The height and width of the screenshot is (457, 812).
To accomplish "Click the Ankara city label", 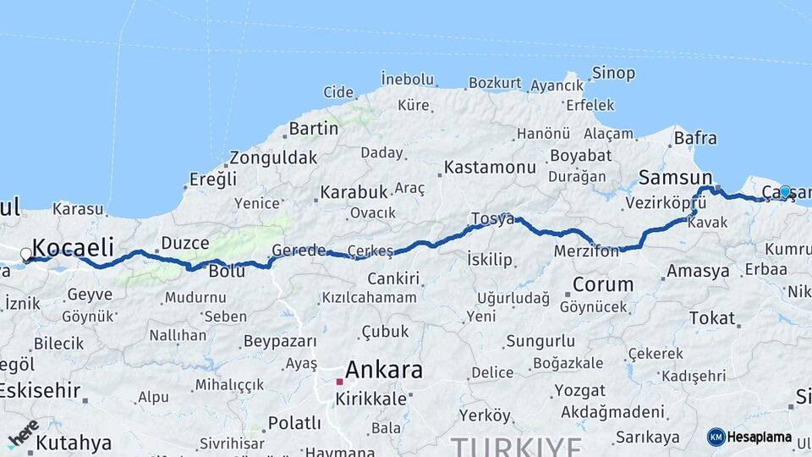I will coord(384,369).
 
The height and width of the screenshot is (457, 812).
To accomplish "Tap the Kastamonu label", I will coord(490,167).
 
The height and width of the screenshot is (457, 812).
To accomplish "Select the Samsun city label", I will coord(675,178).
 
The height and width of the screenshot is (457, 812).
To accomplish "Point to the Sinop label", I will coord(613,73).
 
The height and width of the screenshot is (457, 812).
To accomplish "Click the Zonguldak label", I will coord(273,157).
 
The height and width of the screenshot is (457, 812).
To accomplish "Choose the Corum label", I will coord(602,284).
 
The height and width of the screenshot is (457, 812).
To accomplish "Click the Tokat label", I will coord(712,317).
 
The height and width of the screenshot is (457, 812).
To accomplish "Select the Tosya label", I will coord(492,219).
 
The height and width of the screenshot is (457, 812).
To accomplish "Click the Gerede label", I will coord(299,251).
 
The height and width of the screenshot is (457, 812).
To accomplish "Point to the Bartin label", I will coord(313,129).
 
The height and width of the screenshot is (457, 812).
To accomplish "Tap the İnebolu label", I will coord(407,79).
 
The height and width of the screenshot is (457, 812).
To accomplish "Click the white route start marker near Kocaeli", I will coord(26,254).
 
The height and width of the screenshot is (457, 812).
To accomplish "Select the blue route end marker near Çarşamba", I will coord(785,192).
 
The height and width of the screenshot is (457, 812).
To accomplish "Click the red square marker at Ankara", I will coord(339,382).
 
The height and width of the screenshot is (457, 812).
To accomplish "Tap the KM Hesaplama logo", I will coord(749,437).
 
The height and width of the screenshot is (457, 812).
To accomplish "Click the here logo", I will coord(23,432).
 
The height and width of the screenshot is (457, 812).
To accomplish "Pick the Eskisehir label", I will coord(39,391).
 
